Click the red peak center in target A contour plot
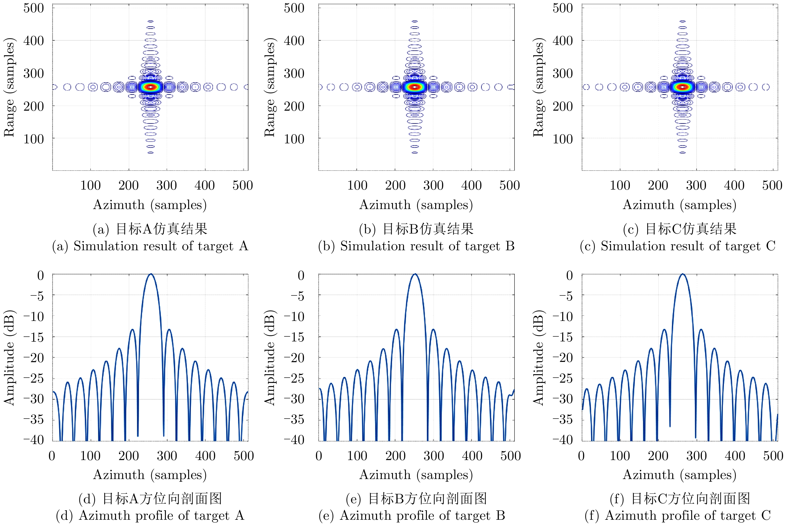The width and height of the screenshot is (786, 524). (x=151, y=87)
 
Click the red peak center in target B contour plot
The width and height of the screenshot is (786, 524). (x=415, y=87)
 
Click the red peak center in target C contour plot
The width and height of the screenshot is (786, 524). (x=682, y=87)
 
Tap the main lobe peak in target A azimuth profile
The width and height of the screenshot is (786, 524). (x=151, y=274)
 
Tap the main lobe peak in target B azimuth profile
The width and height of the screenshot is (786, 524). (x=415, y=274)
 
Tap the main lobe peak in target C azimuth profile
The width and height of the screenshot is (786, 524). (x=682, y=274)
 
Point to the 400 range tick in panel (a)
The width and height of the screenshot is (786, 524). (x=33, y=41)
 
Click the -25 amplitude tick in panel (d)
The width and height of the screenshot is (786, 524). (x=33, y=378)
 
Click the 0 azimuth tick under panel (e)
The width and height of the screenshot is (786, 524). (x=319, y=456)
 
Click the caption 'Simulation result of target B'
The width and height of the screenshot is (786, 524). (x=416, y=246)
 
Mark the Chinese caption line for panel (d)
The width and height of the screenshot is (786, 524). (x=150, y=498)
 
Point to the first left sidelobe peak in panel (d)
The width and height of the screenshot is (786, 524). (x=132, y=330)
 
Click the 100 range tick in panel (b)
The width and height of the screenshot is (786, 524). (x=294, y=139)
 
